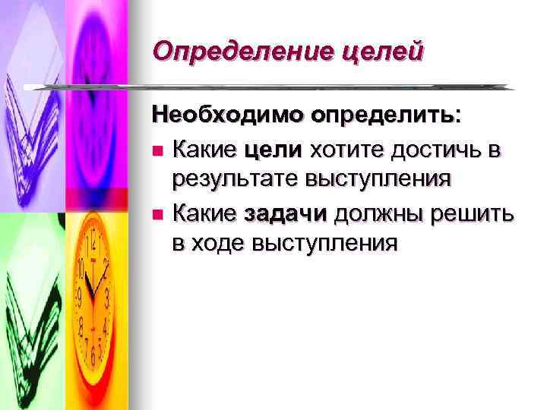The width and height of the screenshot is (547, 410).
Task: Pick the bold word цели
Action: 272,150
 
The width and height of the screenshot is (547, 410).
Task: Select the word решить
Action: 472,215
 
